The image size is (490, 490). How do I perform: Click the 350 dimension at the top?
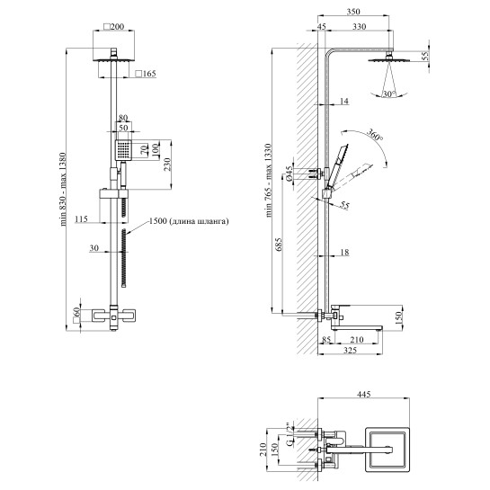click(353, 12)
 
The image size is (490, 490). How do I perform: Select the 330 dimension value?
click(360, 27)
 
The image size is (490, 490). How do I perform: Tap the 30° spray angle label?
click(389, 94)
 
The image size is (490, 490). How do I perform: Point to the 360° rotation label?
click(374, 135)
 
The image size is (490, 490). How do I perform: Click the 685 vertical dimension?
click(279, 245)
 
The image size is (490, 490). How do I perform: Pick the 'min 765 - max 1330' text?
click(269, 181)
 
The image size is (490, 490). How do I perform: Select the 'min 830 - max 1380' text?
click(63, 190)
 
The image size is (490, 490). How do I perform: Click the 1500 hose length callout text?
click(189, 221)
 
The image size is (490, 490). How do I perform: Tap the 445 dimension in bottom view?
click(363, 394)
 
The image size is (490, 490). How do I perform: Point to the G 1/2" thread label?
click(290, 434)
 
